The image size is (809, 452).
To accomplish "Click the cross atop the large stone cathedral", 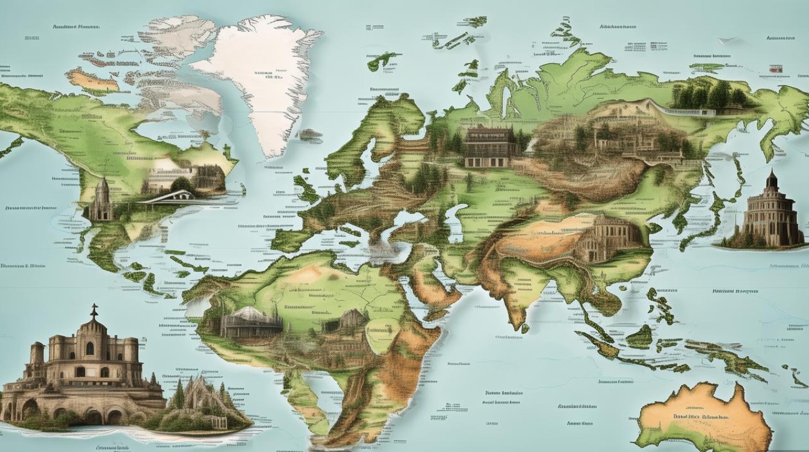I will [x=94, y=310].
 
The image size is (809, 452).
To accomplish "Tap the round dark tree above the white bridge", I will [x=180, y=183].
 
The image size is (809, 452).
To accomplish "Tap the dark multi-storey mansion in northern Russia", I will [x=491, y=147].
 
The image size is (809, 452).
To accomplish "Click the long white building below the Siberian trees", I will [x=692, y=112].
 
